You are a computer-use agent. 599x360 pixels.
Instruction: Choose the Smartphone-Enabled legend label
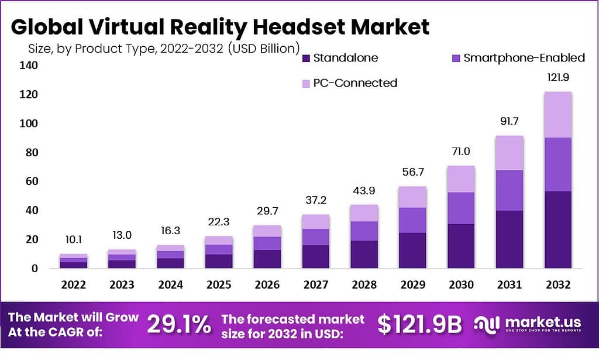[524, 58]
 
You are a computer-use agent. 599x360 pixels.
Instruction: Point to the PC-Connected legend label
[355, 83]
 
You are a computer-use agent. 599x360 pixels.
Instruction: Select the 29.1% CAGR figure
[178, 325]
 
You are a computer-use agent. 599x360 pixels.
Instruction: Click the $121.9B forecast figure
[419, 325]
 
